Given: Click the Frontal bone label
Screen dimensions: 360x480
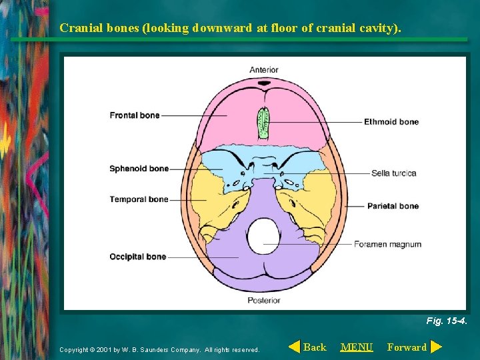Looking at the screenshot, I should [x=135, y=115].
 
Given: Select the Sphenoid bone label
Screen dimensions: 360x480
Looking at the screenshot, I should [x=139, y=169].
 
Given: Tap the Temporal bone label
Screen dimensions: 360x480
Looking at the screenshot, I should [x=139, y=199].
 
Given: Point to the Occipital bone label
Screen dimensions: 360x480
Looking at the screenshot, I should [x=137, y=257].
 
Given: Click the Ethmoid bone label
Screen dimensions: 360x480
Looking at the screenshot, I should [x=391, y=122].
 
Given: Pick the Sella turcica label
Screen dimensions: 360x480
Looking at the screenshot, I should [x=393, y=173].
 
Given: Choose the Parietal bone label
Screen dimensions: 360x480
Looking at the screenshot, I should [x=393, y=206].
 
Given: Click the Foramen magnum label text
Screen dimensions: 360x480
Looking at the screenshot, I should [x=387, y=244].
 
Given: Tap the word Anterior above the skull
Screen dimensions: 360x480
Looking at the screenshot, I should [x=264, y=70].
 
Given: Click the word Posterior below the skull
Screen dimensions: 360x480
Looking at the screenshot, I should [x=265, y=300].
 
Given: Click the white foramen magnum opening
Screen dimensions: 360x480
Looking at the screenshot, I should [x=263, y=237].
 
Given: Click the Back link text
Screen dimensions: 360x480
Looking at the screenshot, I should [x=315, y=347].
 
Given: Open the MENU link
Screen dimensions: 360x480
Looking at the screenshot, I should [x=357, y=347].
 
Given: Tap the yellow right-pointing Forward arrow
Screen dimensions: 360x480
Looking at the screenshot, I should [x=436, y=347].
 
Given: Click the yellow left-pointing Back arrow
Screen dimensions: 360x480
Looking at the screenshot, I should [x=294, y=347].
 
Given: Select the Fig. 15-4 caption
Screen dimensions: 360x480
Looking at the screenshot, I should [x=446, y=321].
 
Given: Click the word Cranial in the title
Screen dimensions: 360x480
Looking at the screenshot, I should [x=79, y=28].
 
